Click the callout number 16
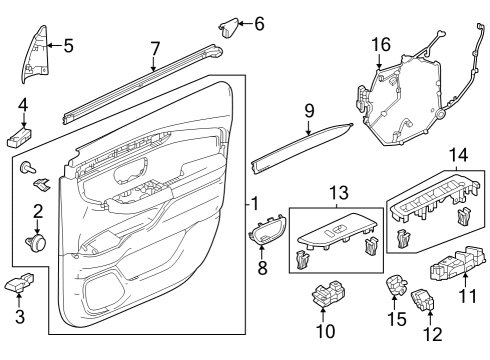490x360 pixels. [x=381, y=44]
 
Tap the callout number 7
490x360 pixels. [x=154, y=47]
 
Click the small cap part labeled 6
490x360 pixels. [x=227, y=25]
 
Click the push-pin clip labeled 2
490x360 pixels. [x=37, y=241]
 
